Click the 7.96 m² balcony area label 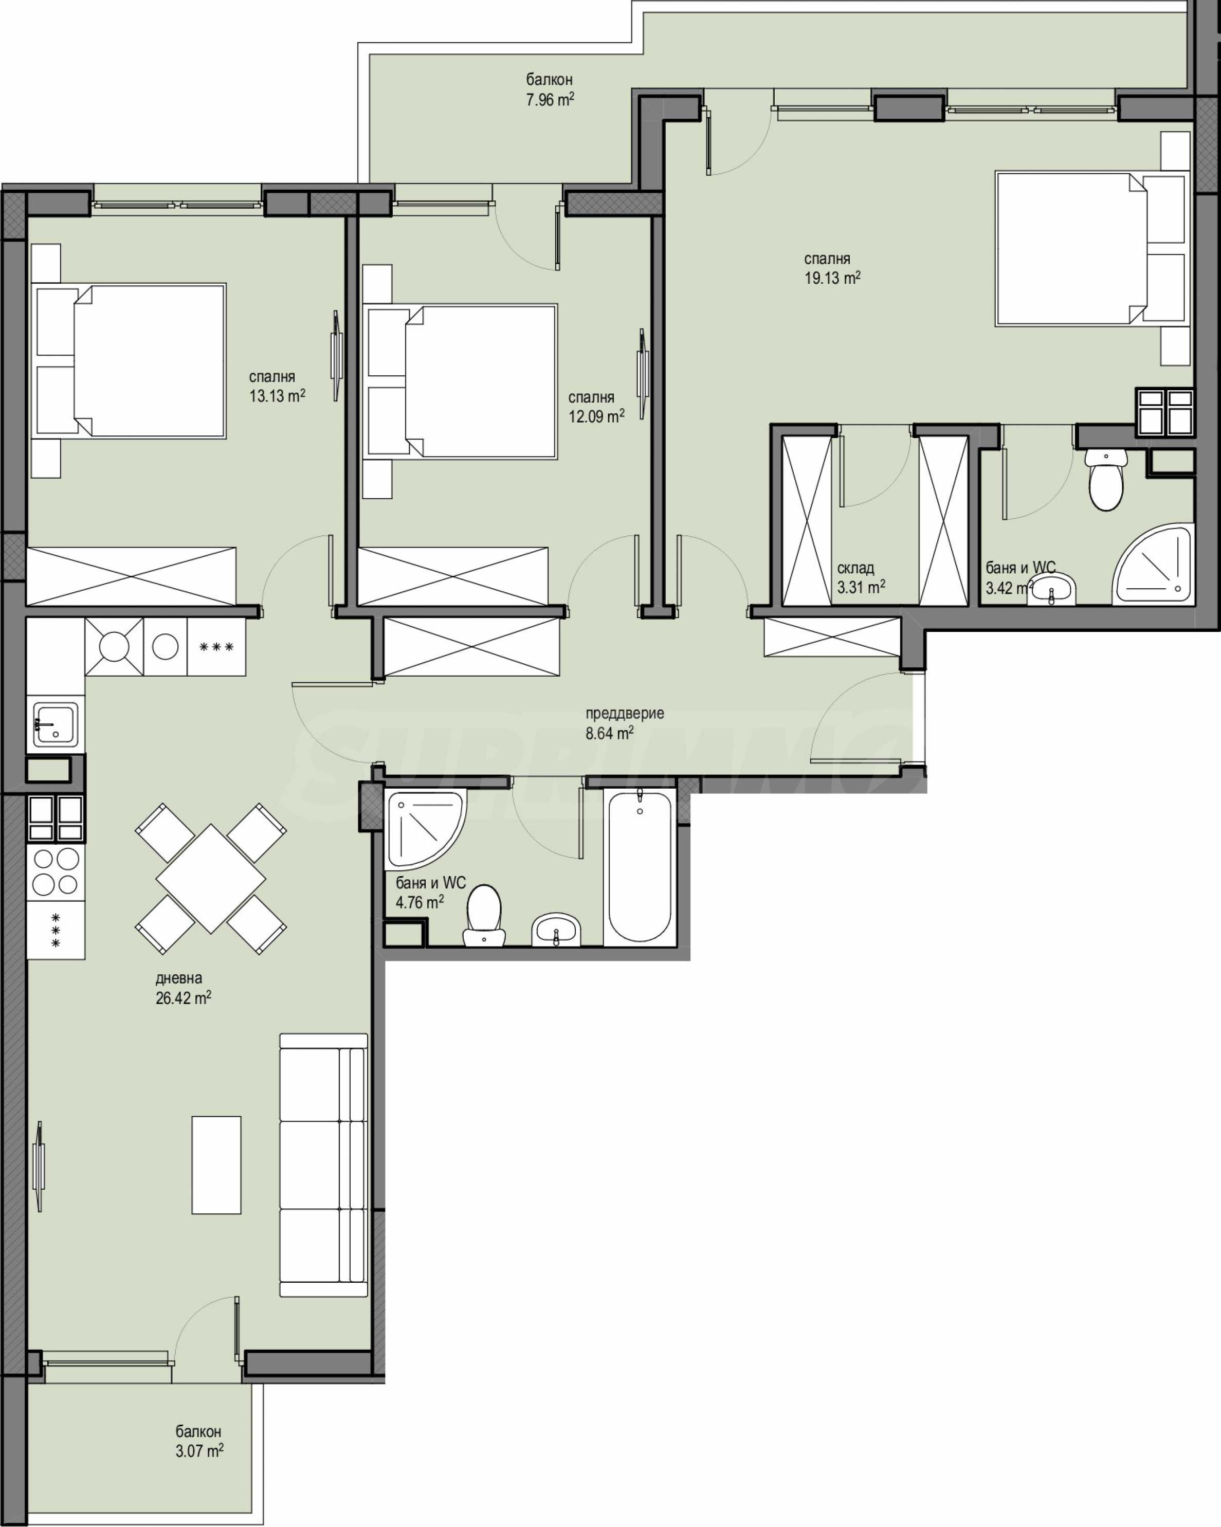[x=550, y=99]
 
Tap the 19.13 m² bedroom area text [x=832, y=278]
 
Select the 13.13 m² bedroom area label [x=277, y=396]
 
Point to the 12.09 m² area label [x=596, y=416]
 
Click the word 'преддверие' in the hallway [x=625, y=714]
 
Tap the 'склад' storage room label [x=855, y=568]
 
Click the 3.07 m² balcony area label [x=199, y=1451]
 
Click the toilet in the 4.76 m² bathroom [x=484, y=915]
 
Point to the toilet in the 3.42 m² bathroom [x=1105, y=479]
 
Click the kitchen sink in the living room [x=55, y=724]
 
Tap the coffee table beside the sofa [x=216, y=1165]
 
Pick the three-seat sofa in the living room [x=324, y=1165]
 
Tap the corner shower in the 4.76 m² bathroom [x=425, y=829]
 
